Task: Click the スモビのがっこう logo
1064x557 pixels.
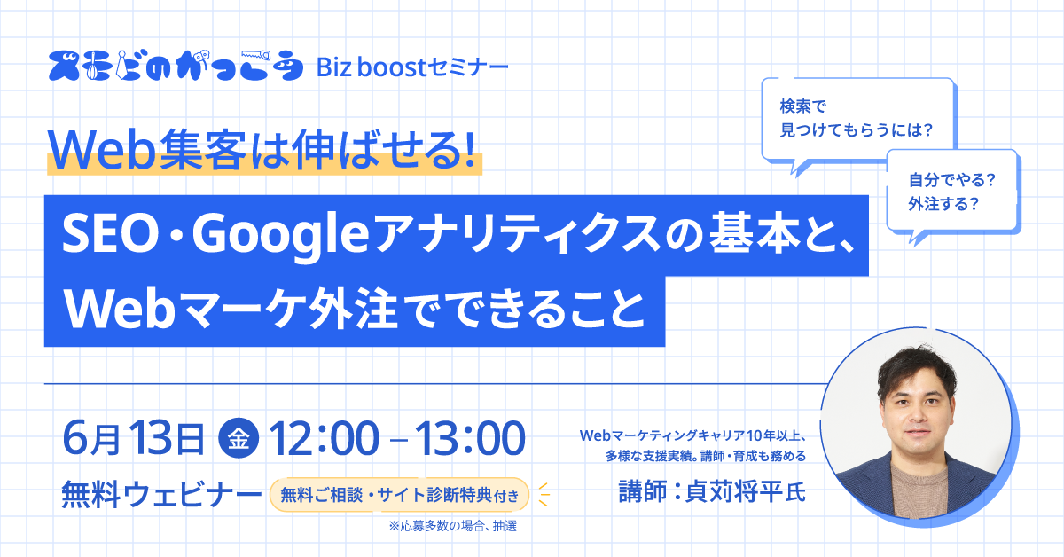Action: pyautogui.click(x=176, y=65)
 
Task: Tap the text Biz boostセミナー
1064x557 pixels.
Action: pyautogui.click(x=412, y=67)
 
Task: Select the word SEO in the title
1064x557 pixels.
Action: pyautogui.click(x=110, y=234)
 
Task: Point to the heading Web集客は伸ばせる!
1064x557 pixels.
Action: pyautogui.click(x=262, y=150)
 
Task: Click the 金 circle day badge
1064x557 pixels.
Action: pyautogui.click(x=239, y=438)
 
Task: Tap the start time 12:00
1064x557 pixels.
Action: pyautogui.click(x=324, y=438)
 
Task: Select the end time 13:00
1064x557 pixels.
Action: pyautogui.click(x=470, y=438)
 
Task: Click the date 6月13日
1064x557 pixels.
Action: pyautogui.click(x=133, y=438)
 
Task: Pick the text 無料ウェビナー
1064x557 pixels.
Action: pyautogui.click(x=161, y=494)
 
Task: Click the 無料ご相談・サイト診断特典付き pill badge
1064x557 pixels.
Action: pyautogui.click(x=400, y=495)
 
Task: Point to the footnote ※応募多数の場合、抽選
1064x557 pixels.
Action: pyautogui.click(x=453, y=526)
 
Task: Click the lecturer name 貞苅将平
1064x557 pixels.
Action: pyautogui.click(x=733, y=491)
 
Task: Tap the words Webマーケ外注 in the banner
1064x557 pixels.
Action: pyautogui.click(x=231, y=310)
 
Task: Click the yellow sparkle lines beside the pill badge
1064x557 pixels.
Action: pyautogui.click(x=544, y=494)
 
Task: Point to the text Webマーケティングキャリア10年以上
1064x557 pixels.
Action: pyautogui.click(x=690, y=435)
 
